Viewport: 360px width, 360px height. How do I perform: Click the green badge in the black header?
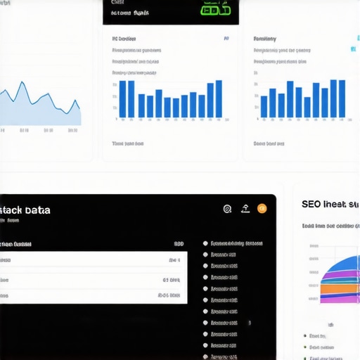(215, 11)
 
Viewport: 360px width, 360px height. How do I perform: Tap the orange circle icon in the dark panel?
(262, 208)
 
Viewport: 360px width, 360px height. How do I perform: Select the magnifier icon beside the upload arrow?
(227, 208)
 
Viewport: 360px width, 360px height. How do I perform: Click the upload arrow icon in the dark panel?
(245, 208)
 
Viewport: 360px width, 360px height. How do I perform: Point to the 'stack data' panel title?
(25, 210)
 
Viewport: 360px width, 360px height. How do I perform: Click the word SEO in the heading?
(311, 204)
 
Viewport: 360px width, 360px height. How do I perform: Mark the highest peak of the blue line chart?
(23, 84)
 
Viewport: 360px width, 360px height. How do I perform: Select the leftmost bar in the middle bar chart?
(122, 99)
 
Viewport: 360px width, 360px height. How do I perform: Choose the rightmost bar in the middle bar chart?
(219, 99)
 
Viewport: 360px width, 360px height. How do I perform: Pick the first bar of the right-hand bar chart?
(264, 107)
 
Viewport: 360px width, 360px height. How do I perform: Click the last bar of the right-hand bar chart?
(342, 98)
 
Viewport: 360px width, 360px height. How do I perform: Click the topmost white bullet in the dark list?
(205, 243)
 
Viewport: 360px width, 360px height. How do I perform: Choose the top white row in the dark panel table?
(91, 259)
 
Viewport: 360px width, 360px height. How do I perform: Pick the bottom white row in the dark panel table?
(91, 296)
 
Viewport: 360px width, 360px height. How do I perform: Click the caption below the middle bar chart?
(128, 143)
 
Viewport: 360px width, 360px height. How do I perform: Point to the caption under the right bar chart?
(269, 143)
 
